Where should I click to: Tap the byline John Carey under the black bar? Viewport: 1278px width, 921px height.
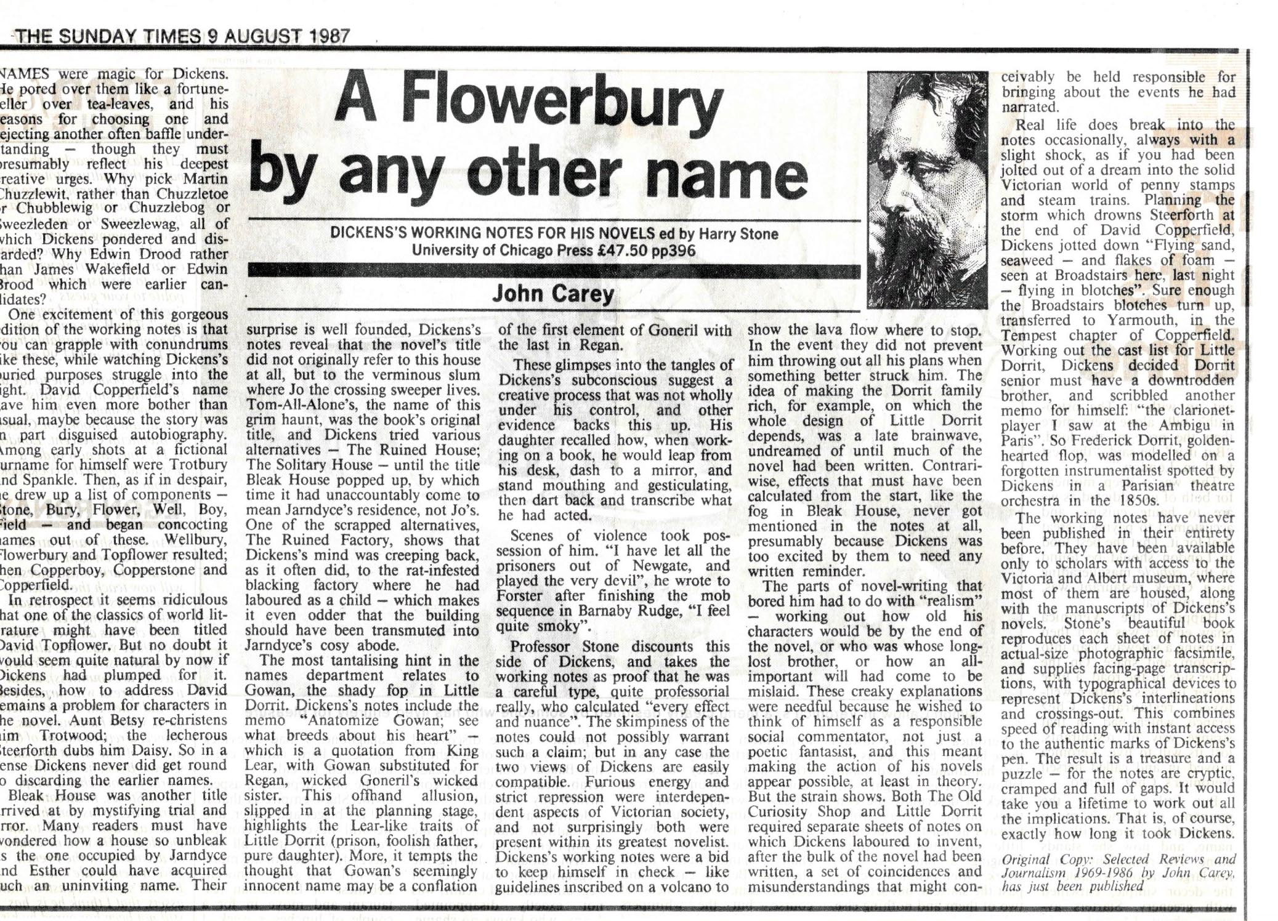coord(553,294)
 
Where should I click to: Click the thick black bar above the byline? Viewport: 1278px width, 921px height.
coord(553,271)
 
